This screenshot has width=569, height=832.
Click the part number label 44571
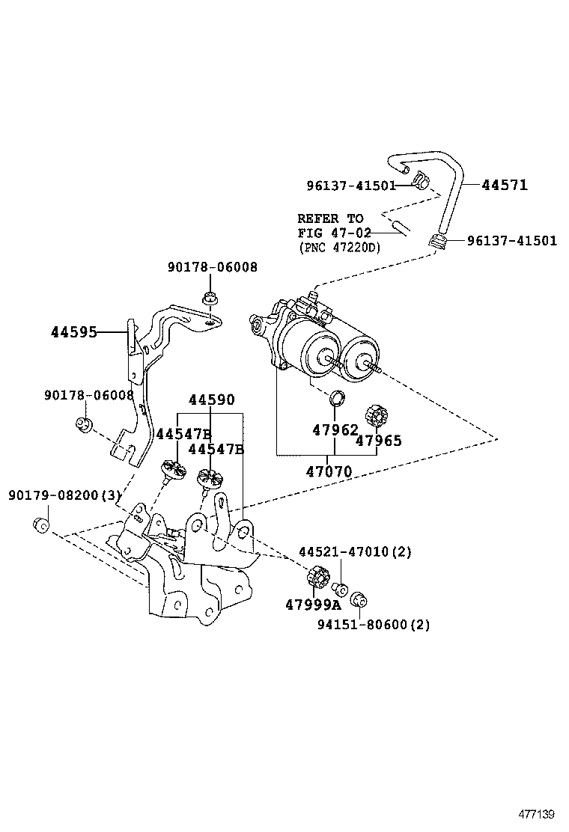click(504, 185)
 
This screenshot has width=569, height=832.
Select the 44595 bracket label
click(74, 332)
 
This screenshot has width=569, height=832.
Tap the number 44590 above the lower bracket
click(211, 401)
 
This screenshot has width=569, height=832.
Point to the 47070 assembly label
click(329, 471)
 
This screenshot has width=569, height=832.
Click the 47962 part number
click(335, 430)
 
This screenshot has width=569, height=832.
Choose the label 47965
click(378, 441)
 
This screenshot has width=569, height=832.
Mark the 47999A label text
click(312, 604)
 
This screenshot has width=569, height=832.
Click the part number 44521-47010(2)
click(356, 552)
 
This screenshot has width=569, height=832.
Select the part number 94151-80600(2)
click(372, 625)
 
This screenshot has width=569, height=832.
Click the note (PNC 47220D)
click(338, 247)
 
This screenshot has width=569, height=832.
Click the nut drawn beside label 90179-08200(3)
click(42, 524)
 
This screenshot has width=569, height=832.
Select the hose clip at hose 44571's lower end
click(438, 242)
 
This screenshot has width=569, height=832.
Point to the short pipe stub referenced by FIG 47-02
click(398, 226)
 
